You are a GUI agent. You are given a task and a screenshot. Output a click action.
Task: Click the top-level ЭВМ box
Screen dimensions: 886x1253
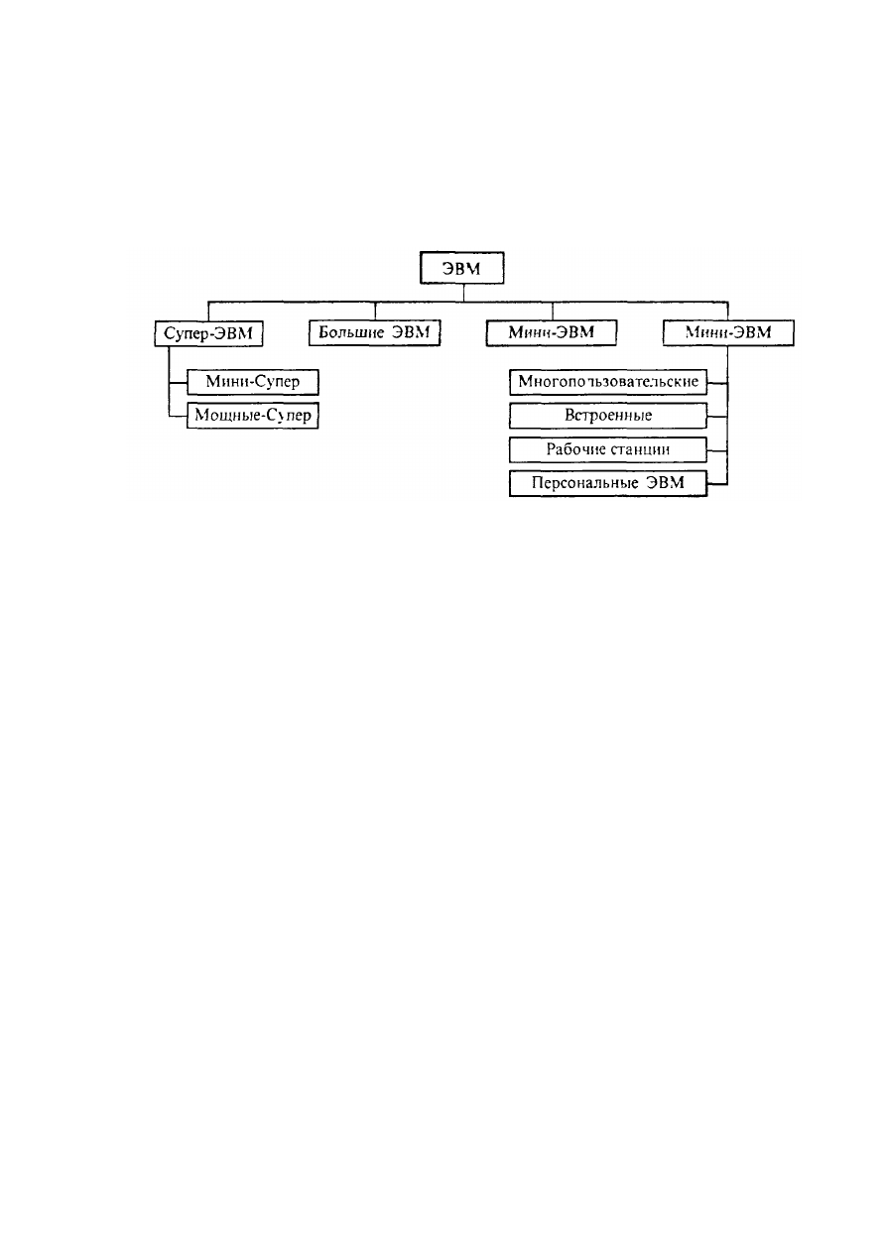[462, 268]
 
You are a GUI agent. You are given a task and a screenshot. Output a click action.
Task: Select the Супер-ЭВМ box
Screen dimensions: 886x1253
[208, 333]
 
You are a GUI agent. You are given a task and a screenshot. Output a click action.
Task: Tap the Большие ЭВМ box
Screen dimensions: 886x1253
[375, 332]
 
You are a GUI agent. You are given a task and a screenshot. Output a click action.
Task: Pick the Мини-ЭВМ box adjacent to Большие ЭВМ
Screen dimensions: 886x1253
[552, 332]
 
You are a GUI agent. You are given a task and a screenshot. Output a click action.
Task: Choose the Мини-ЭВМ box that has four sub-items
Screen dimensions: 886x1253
[728, 332]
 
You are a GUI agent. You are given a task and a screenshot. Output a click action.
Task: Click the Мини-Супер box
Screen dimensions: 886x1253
[253, 382]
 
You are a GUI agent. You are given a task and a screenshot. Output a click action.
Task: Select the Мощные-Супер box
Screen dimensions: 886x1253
[253, 416]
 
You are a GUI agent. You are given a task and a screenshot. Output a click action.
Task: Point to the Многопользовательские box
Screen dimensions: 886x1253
[608, 382]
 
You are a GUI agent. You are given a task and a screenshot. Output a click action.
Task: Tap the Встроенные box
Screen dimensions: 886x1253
[608, 416]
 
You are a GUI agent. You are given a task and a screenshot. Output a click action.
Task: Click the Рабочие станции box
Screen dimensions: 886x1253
[608, 449]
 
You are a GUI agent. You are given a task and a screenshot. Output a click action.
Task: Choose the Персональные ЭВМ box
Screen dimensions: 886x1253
[608, 483]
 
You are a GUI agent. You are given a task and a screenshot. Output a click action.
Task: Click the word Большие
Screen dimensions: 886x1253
[351, 332]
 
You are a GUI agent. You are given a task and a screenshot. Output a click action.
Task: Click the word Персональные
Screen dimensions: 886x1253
[584, 483]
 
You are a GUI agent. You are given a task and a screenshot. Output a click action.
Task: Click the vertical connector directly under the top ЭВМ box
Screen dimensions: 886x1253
[463, 293]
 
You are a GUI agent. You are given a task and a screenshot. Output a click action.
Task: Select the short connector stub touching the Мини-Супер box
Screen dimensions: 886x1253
[178, 383]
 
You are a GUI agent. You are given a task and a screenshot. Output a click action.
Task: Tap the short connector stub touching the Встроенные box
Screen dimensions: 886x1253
[717, 417]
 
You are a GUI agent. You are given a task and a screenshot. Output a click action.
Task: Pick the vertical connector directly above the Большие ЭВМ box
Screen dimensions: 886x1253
[375, 311]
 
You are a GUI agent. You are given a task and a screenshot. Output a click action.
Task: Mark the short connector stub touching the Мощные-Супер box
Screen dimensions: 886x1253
[178, 416]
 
